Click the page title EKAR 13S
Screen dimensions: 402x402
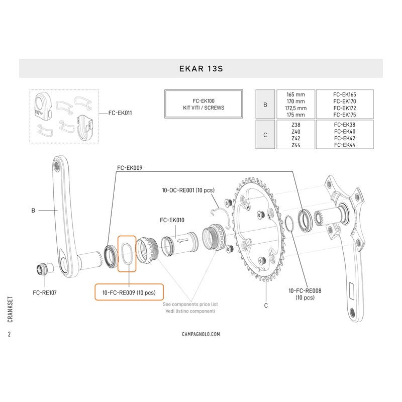tap(200, 69)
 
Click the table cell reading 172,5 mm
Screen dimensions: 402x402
tap(296, 108)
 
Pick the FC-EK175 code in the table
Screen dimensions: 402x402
tap(344, 115)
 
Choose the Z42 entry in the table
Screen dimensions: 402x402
tap(296, 138)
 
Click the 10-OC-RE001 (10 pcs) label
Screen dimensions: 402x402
tap(188, 191)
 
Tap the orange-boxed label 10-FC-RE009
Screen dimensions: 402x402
tap(129, 292)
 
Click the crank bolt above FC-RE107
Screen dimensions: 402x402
tap(42, 269)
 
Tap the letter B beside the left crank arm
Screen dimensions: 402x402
tap(33, 211)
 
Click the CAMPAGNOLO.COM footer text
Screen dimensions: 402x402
tap(200, 334)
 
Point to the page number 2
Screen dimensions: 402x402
tap(10, 334)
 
